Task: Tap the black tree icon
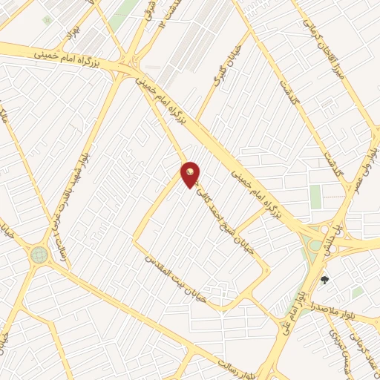(x=324, y=280)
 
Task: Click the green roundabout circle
(x=39, y=255)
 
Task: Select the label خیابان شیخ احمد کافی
(x=228, y=216)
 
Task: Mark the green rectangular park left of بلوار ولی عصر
(x=315, y=196)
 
